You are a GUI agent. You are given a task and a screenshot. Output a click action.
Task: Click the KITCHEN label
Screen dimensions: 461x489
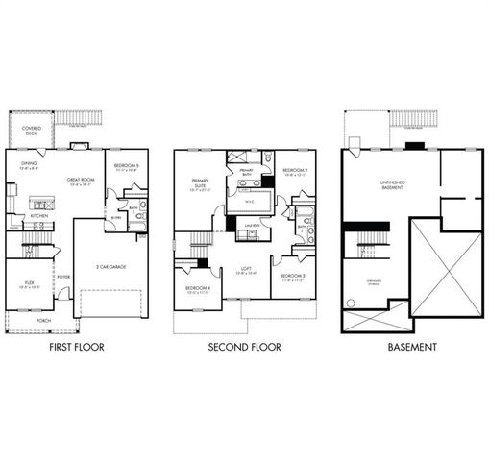tap(38, 216)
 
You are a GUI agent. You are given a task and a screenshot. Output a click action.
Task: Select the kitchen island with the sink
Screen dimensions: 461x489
tap(42, 204)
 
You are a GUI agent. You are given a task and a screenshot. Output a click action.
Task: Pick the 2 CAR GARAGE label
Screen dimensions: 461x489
tap(112, 266)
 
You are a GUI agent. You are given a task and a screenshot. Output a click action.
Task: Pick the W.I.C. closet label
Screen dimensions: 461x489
tap(248, 202)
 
